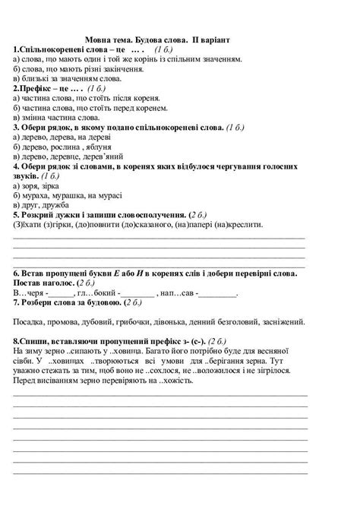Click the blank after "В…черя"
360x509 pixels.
tap(61, 292)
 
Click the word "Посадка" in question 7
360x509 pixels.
tap(31, 321)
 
